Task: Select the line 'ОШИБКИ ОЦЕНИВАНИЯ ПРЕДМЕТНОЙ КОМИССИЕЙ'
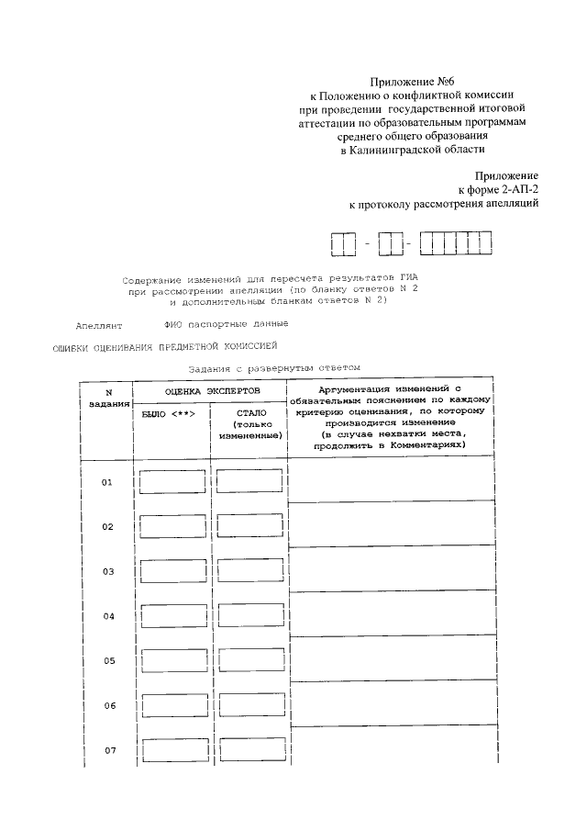[x=163, y=346]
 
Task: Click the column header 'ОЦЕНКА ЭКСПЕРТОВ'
[x=211, y=391]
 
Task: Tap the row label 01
[x=107, y=482]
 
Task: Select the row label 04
[x=107, y=616]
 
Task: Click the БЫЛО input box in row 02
[x=172, y=527]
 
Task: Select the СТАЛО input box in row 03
[x=249, y=572]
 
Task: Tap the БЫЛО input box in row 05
[x=172, y=661]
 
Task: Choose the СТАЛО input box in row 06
[x=249, y=706]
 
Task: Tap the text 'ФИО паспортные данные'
[x=226, y=323]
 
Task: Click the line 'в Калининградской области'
[x=412, y=150]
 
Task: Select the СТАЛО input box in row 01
[x=249, y=482]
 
